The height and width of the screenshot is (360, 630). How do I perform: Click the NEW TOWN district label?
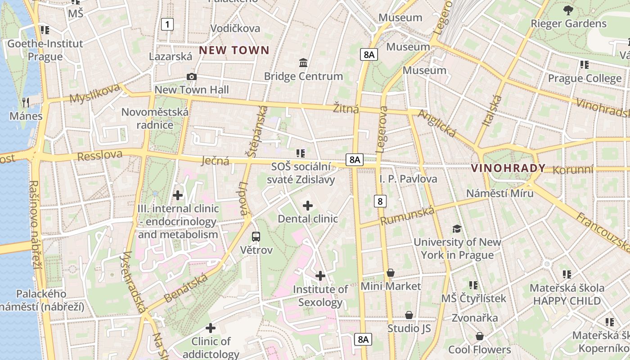coord(234,50)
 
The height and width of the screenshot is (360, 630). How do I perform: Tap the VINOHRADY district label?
coord(508,168)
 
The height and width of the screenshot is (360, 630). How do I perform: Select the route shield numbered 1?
coord(167,24)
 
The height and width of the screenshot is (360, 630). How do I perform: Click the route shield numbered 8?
coord(380,201)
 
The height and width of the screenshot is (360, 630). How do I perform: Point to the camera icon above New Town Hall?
coord(192,77)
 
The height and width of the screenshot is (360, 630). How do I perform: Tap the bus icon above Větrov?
coord(256,236)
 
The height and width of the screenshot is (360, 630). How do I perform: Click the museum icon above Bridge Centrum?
coord(303,63)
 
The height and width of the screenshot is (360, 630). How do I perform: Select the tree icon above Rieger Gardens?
coord(568,10)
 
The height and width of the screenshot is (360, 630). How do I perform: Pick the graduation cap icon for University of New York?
coord(457,229)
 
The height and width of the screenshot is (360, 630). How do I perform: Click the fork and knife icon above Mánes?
coord(26,103)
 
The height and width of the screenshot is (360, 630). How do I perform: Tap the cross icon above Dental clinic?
coord(308,206)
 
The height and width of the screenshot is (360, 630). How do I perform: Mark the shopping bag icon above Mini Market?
coord(391,273)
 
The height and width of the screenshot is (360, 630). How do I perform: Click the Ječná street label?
coord(216,161)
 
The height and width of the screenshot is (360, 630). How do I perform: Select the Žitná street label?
coord(346,108)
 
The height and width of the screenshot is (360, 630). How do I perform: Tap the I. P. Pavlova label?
coord(408,179)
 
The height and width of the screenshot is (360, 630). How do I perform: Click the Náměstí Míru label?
coord(499,193)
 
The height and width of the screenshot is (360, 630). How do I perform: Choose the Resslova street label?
coord(100,155)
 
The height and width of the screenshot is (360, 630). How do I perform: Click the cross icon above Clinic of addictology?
coord(210,328)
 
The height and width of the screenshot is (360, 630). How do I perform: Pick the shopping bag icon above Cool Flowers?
coord(480,336)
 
